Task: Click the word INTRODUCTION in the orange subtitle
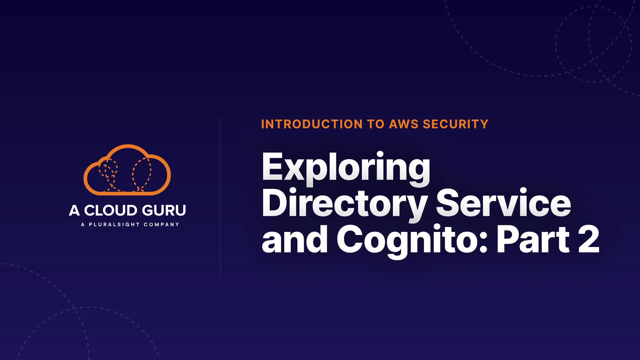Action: point(312,124)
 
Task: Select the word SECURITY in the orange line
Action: point(455,124)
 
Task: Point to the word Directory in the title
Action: point(345,203)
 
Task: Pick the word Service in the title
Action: point(503,203)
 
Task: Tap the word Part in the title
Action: point(533,239)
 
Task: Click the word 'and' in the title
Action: point(295,239)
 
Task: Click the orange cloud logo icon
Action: point(127,170)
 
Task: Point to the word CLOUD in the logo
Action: point(111,211)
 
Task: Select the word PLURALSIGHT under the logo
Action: point(114,225)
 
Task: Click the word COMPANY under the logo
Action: point(161,225)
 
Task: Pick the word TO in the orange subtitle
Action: point(376,124)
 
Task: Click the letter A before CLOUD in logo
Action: point(74,211)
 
